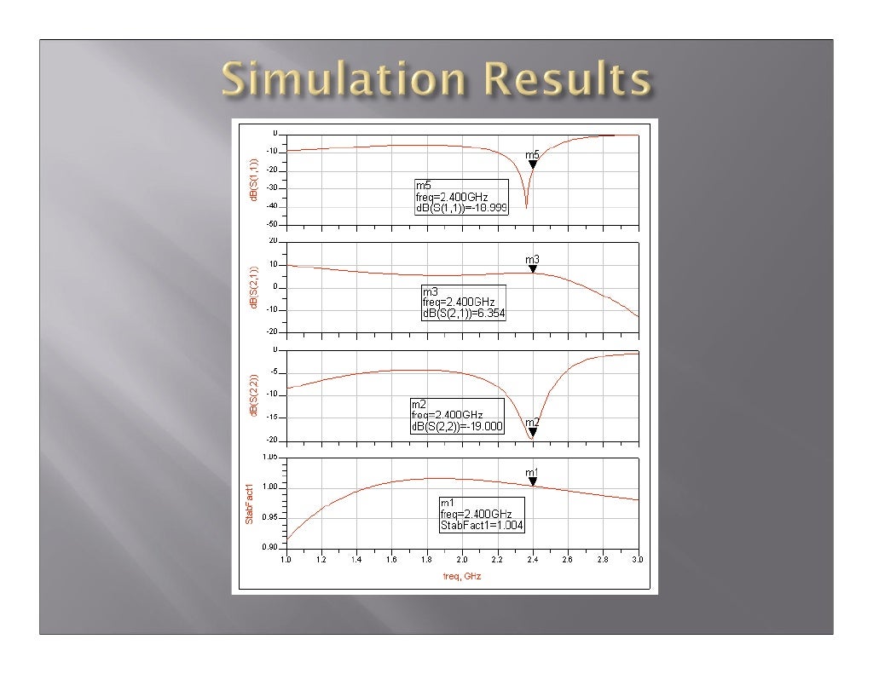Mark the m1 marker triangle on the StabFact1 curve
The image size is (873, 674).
point(533,482)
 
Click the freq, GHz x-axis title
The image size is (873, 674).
point(461,576)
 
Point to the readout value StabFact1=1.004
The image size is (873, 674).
point(476,526)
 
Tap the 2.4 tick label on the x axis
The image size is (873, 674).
point(532,560)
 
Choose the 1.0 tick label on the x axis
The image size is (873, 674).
point(286,560)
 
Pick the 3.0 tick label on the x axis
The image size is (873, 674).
point(638,560)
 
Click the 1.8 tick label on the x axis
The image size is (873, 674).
point(426,560)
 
